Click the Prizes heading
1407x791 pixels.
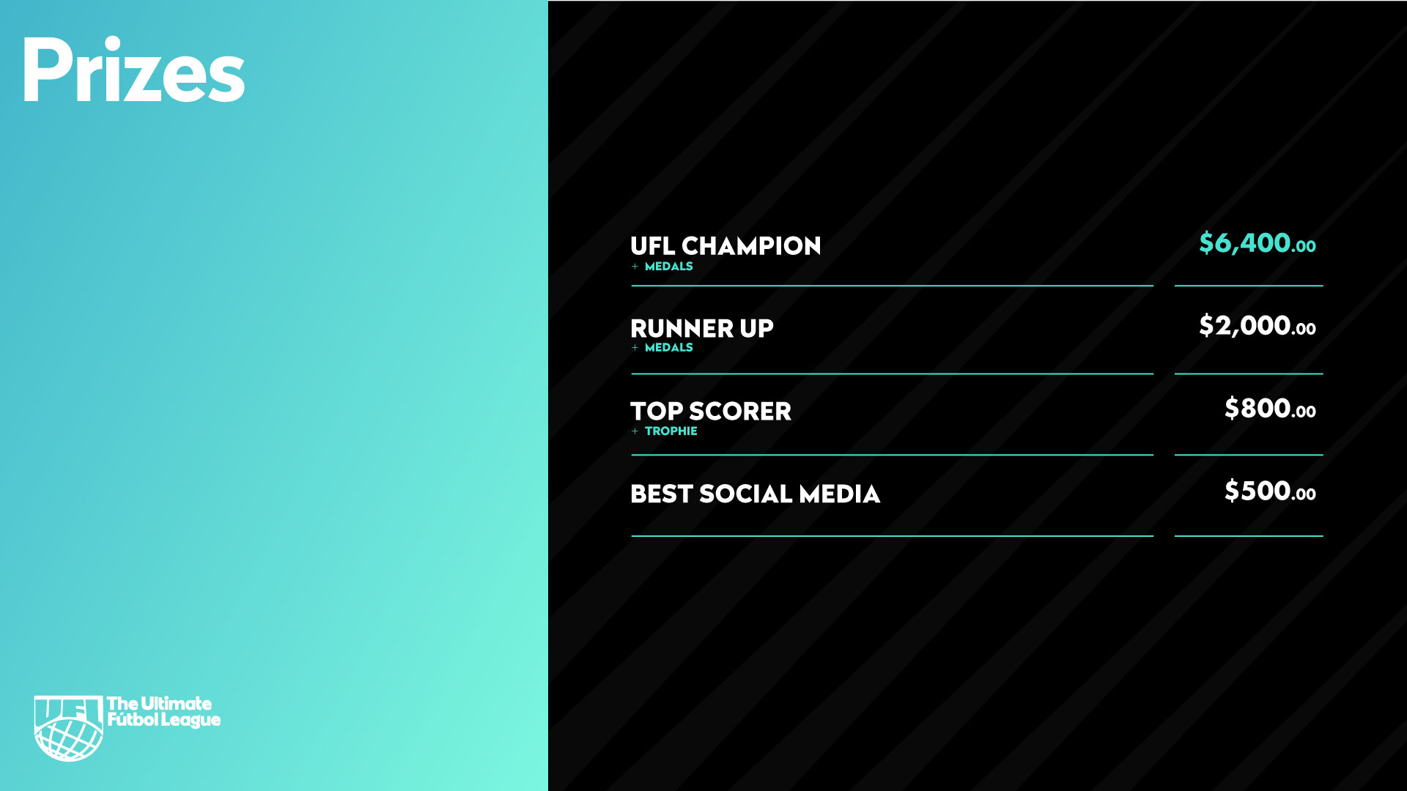tap(133, 70)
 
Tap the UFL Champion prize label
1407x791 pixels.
tap(725, 246)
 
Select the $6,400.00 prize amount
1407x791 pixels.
tap(1257, 243)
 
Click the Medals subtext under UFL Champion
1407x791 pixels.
tap(668, 267)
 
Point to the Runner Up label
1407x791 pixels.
tap(702, 328)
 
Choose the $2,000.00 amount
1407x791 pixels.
tap(1257, 326)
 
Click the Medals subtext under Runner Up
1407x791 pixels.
tap(668, 348)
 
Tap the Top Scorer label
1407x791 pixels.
tap(711, 412)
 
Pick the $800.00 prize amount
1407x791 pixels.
tap(1270, 409)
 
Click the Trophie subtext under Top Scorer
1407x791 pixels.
tap(671, 431)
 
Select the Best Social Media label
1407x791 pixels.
tap(755, 494)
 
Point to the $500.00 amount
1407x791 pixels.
tap(1270, 491)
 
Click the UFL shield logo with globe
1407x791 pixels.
tap(69, 728)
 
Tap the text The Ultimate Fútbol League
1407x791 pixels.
tap(163, 713)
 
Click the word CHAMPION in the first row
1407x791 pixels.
tap(751, 246)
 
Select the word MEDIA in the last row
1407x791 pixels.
tap(839, 494)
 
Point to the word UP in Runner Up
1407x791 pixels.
tap(756, 328)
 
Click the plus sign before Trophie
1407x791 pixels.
tap(635, 431)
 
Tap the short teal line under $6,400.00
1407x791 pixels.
tap(1249, 286)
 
